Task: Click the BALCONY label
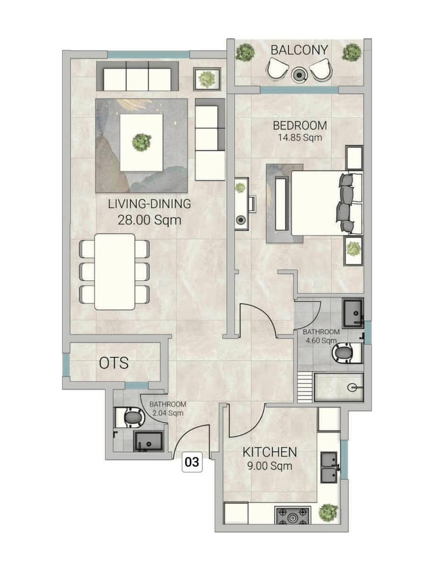pyautogui.click(x=299, y=50)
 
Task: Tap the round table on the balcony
pyautogui.click(x=299, y=75)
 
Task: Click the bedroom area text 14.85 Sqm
pyautogui.click(x=300, y=138)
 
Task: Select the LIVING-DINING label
pyautogui.click(x=149, y=204)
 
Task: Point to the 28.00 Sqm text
pyautogui.click(x=149, y=220)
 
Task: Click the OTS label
pyautogui.click(x=113, y=363)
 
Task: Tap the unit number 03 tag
pyautogui.click(x=192, y=462)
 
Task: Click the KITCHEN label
pyautogui.click(x=269, y=452)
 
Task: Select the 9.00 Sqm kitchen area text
pyautogui.click(x=269, y=466)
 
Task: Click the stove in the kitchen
pyautogui.click(x=292, y=516)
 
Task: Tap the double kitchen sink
pyautogui.click(x=329, y=468)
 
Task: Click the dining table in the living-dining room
pyautogui.click(x=114, y=272)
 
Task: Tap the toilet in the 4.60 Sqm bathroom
pyautogui.click(x=346, y=353)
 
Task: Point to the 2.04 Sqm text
pyautogui.click(x=168, y=413)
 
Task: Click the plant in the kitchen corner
pyautogui.click(x=328, y=512)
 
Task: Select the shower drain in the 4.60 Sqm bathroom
pyautogui.click(x=352, y=388)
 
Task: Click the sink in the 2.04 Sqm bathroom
pyautogui.click(x=148, y=441)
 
